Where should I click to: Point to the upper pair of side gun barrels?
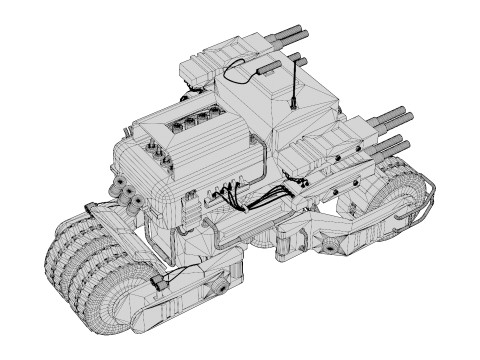386,118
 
